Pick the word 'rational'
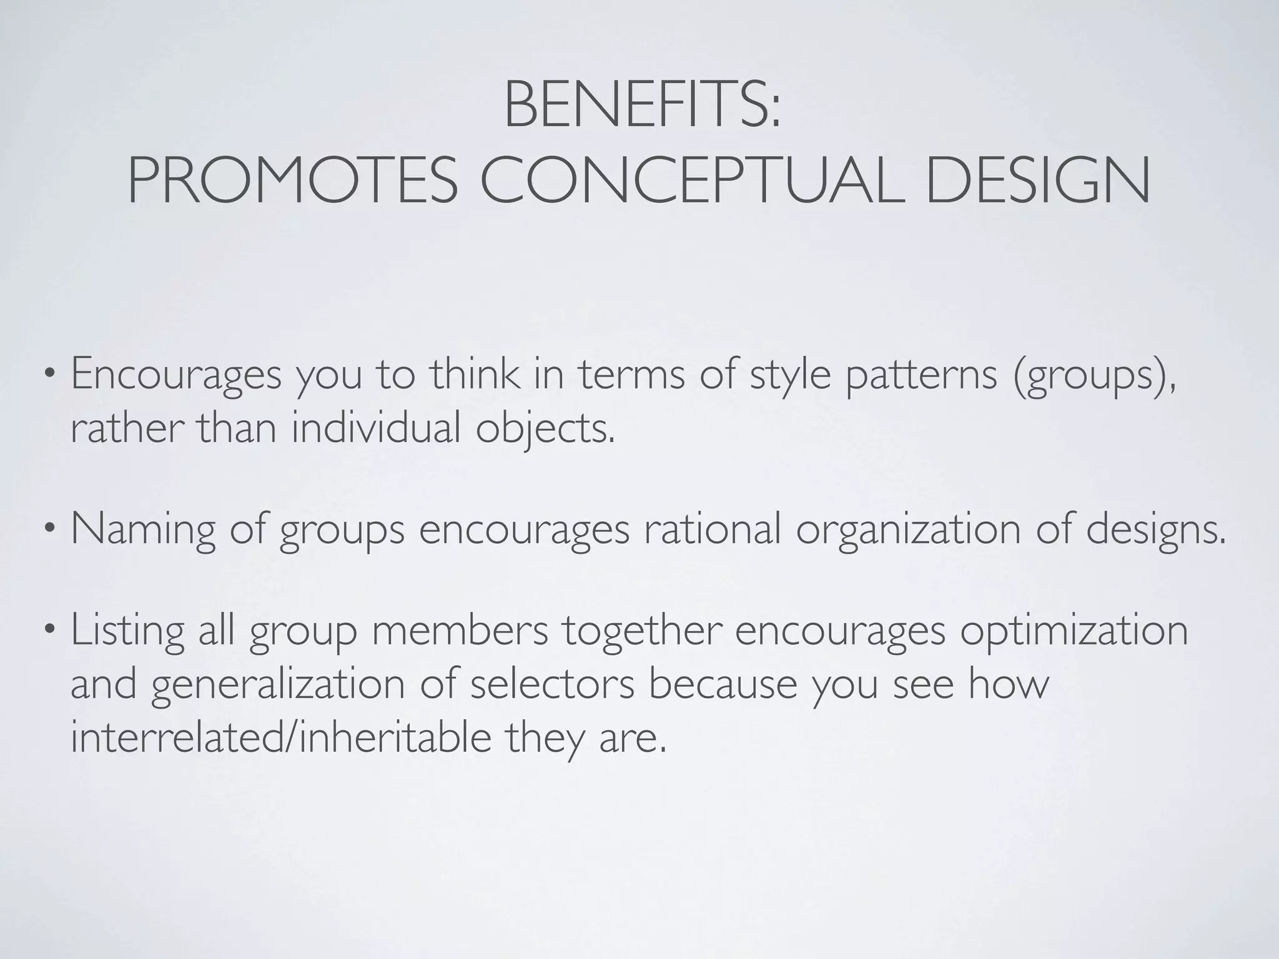click(x=712, y=529)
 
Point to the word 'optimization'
click(x=1074, y=632)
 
